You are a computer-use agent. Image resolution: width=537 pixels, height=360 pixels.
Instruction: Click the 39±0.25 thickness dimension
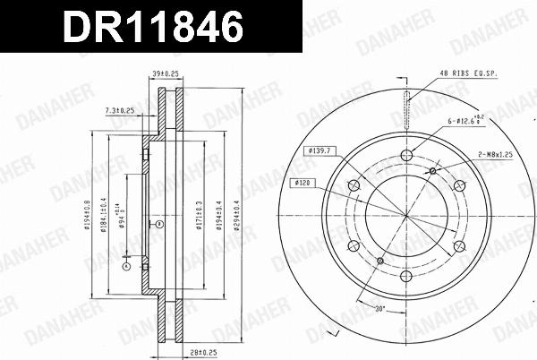click(164, 76)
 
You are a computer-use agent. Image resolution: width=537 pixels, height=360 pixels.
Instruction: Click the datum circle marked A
click(126, 266)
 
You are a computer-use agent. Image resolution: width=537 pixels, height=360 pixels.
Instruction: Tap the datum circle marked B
click(158, 224)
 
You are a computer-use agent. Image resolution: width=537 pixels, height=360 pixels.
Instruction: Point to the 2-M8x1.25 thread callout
click(494, 155)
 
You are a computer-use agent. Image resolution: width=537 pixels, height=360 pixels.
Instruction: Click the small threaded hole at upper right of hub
click(433, 171)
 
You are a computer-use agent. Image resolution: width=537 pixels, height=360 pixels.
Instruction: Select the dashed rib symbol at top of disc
click(406, 107)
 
